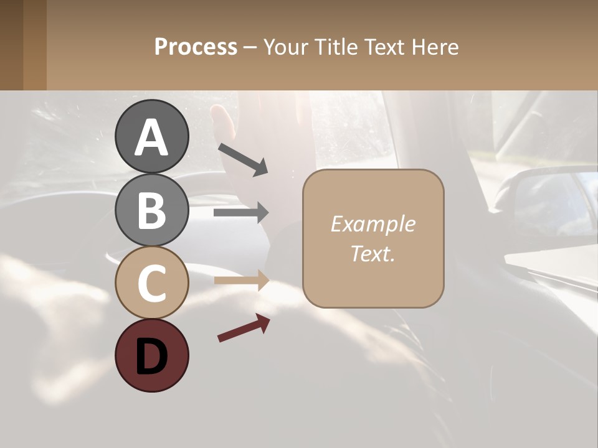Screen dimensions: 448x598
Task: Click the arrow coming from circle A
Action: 243,159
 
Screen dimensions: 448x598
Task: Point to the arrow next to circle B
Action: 241,213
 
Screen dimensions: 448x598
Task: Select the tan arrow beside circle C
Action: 241,281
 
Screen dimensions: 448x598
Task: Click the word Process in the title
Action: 196,47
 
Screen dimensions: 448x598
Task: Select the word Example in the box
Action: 373,224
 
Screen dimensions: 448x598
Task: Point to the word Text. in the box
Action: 373,253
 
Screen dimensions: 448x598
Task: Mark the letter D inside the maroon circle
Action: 151,357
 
